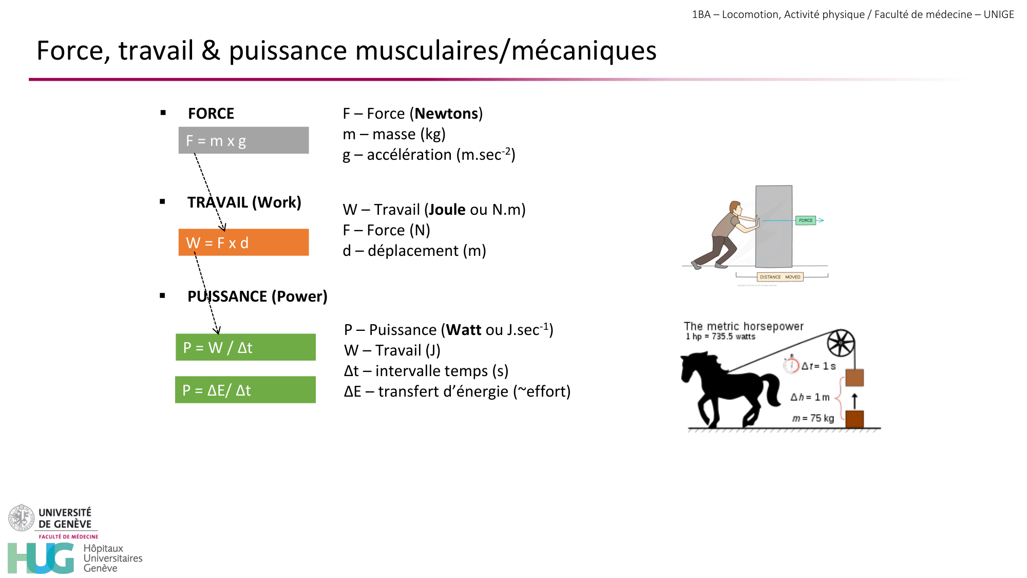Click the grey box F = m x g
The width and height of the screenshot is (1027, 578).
click(x=243, y=140)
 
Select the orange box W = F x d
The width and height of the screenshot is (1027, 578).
click(x=243, y=243)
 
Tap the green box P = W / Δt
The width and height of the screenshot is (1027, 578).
click(x=245, y=347)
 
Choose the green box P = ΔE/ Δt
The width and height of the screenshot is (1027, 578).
click(x=245, y=390)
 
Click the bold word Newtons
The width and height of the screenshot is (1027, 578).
click(x=446, y=114)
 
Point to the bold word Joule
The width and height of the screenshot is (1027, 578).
click(x=447, y=210)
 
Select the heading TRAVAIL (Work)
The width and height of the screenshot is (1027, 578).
click(x=244, y=202)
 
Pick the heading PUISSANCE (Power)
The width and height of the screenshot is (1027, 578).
click(x=257, y=296)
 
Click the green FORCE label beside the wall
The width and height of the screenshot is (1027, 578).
click(x=805, y=220)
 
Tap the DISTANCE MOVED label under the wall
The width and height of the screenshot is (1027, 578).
click(x=779, y=277)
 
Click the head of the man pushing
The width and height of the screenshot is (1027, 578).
click(x=736, y=208)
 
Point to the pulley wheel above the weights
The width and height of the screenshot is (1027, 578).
click(x=841, y=343)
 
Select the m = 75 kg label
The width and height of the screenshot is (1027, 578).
click(x=813, y=418)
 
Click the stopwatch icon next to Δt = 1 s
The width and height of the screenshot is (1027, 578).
click(x=791, y=364)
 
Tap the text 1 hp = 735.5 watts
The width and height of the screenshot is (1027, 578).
click(x=720, y=337)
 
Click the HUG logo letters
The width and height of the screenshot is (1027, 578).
click(x=41, y=558)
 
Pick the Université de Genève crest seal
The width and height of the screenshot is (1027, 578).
click(x=21, y=518)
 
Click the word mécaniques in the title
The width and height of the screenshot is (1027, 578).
click(x=584, y=51)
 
